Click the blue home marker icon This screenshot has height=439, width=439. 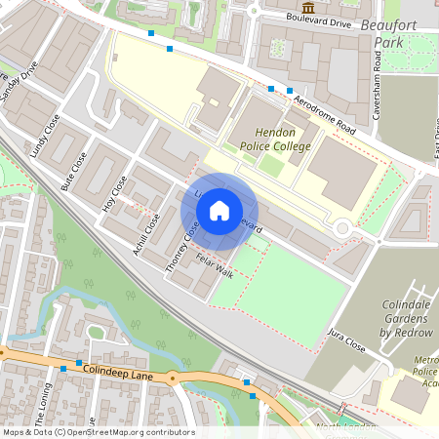(x=219, y=210)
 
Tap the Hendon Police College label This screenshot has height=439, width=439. (x=276, y=140)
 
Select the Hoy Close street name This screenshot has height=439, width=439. (x=114, y=193)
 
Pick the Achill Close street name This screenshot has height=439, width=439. (x=146, y=234)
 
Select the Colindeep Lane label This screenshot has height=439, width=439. (x=119, y=372)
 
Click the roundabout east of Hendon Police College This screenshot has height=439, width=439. (x=341, y=229)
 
